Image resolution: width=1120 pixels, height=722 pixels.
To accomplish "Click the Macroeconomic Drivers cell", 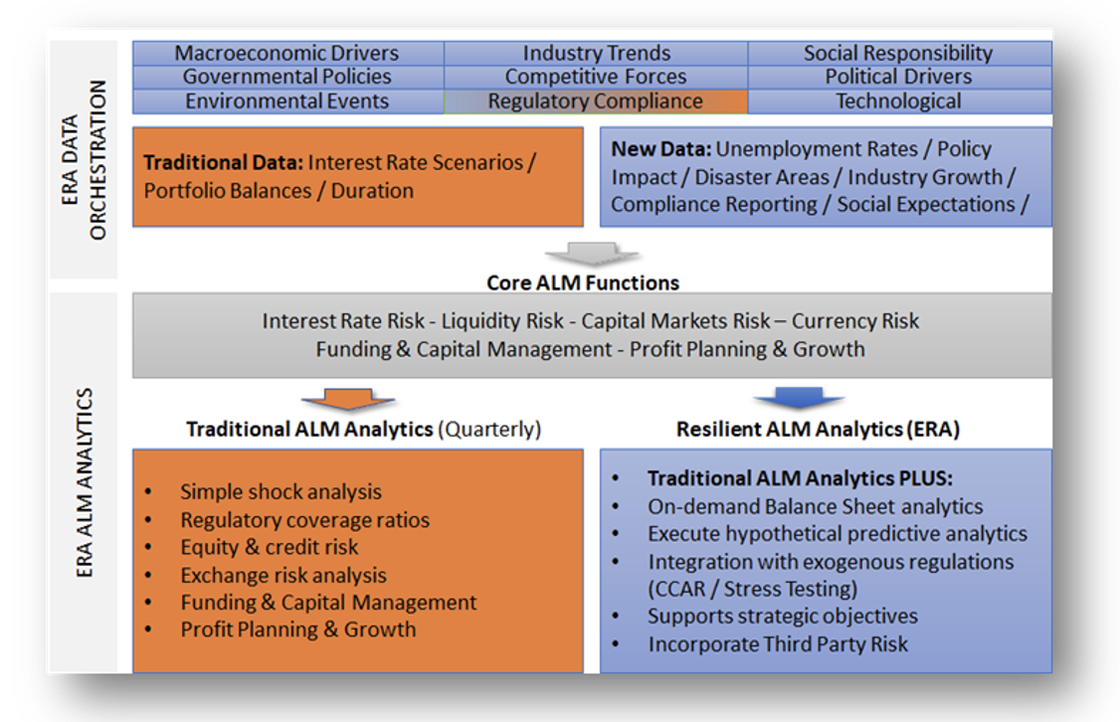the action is click(x=287, y=53).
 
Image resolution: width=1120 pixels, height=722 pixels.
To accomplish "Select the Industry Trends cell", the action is click(x=596, y=53).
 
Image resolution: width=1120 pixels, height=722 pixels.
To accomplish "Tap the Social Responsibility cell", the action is click(x=899, y=53).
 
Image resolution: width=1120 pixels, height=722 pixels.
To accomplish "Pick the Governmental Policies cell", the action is click(x=287, y=77).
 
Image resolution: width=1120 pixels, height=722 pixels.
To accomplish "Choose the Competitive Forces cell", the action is click(x=596, y=77).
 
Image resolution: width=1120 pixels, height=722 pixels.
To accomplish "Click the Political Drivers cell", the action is click(x=899, y=77).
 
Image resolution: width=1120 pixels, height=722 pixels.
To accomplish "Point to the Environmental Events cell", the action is click(x=287, y=101).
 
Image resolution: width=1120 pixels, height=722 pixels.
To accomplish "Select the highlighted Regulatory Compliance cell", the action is click(x=596, y=101).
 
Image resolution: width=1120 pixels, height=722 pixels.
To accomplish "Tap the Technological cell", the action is click(x=899, y=101).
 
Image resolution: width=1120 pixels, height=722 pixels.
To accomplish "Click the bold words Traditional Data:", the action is click(x=224, y=163).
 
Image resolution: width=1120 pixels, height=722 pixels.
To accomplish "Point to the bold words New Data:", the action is click(x=660, y=148).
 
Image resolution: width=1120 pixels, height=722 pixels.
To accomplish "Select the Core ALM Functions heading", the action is click(x=583, y=282).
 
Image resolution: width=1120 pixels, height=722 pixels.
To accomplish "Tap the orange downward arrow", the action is click(x=348, y=399).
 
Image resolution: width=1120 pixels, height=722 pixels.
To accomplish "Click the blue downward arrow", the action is click(x=800, y=398).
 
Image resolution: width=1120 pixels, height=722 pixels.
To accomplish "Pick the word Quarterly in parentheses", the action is click(x=489, y=430).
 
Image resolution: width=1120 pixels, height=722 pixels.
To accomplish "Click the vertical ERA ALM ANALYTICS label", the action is click(x=85, y=482).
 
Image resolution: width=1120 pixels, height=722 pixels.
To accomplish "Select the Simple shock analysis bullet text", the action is click(x=280, y=491).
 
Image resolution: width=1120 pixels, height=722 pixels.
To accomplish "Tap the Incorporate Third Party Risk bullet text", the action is click(x=778, y=644).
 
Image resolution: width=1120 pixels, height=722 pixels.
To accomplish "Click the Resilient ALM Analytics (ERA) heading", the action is click(x=818, y=430).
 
